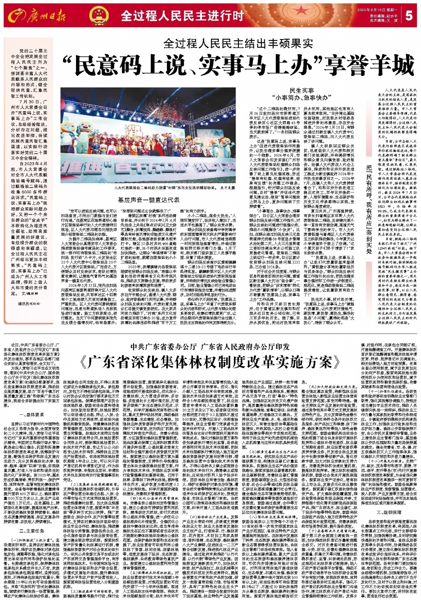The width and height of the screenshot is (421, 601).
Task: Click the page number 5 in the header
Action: point(409,16)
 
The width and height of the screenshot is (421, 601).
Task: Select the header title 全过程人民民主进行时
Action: point(182,16)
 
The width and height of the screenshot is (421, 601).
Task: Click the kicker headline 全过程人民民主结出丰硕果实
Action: point(238,43)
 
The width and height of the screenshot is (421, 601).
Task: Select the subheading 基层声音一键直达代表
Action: point(148,200)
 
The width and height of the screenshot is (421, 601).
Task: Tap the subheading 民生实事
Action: point(301,90)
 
